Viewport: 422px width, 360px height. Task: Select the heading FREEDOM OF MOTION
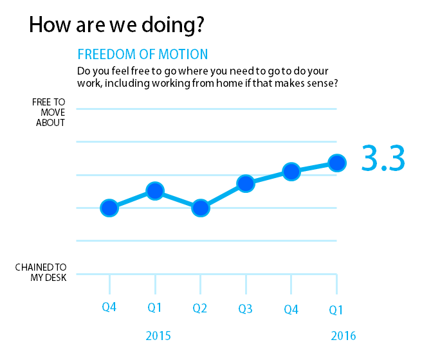(x=142, y=54)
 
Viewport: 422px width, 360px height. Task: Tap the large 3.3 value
(x=382, y=159)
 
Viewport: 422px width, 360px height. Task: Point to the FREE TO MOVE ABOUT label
(x=49, y=113)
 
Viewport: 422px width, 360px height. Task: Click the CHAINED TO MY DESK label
(x=41, y=272)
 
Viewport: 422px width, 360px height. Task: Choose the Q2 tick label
(x=200, y=308)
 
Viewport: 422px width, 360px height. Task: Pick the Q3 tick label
(x=245, y=309)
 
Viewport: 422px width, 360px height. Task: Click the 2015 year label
(x=158, y=336)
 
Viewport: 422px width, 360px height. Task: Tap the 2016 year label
(x=343, y=336)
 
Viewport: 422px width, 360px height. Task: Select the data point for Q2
(x=201, y=208)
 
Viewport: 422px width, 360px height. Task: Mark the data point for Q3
(x=246, y=184)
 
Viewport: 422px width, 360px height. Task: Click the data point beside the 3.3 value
(x=336, y=163)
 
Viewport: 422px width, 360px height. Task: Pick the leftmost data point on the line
(x=109, y=208)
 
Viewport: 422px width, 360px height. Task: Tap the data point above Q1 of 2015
(x=154, y=191)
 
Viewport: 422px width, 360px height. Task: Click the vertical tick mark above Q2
(x=200, y=283)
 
